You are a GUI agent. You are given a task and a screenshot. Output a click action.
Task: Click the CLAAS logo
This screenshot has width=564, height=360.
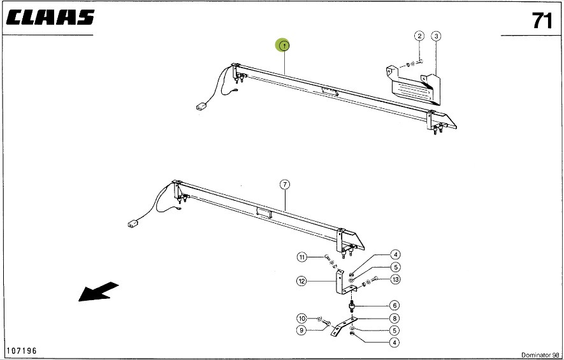[x=51, y=18]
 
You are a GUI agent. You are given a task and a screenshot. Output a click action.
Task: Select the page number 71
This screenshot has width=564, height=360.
[x=542, y=21]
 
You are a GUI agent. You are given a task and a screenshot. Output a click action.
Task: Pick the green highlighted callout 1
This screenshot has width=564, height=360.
[x=283, y=45]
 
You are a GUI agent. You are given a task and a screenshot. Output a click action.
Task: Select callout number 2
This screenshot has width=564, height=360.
[x=419, y=36]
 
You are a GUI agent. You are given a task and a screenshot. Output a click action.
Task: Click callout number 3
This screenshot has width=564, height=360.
[x=436, y=36]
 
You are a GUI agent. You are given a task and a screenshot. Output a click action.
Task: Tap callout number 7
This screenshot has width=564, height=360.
[x=285, y=185]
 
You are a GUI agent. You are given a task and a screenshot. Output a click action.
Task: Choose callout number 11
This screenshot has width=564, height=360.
[x=302, y=257]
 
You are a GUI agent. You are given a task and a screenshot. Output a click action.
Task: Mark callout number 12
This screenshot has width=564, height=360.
[x=302, y=280]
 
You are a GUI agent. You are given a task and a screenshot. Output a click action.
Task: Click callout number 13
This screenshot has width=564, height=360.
[x=396, y=279]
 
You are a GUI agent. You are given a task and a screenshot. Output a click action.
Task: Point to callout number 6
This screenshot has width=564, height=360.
[x=395, y=305]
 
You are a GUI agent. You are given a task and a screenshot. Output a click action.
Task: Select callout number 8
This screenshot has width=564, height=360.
[x=395, y=318]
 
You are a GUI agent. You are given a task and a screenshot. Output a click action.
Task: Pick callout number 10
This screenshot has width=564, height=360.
[x=302, y=318]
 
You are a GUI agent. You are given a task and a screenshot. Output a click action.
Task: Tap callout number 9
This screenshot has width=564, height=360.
[x=302, y=329]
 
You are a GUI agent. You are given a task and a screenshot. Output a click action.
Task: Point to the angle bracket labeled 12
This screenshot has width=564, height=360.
[x=340, y=284]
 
